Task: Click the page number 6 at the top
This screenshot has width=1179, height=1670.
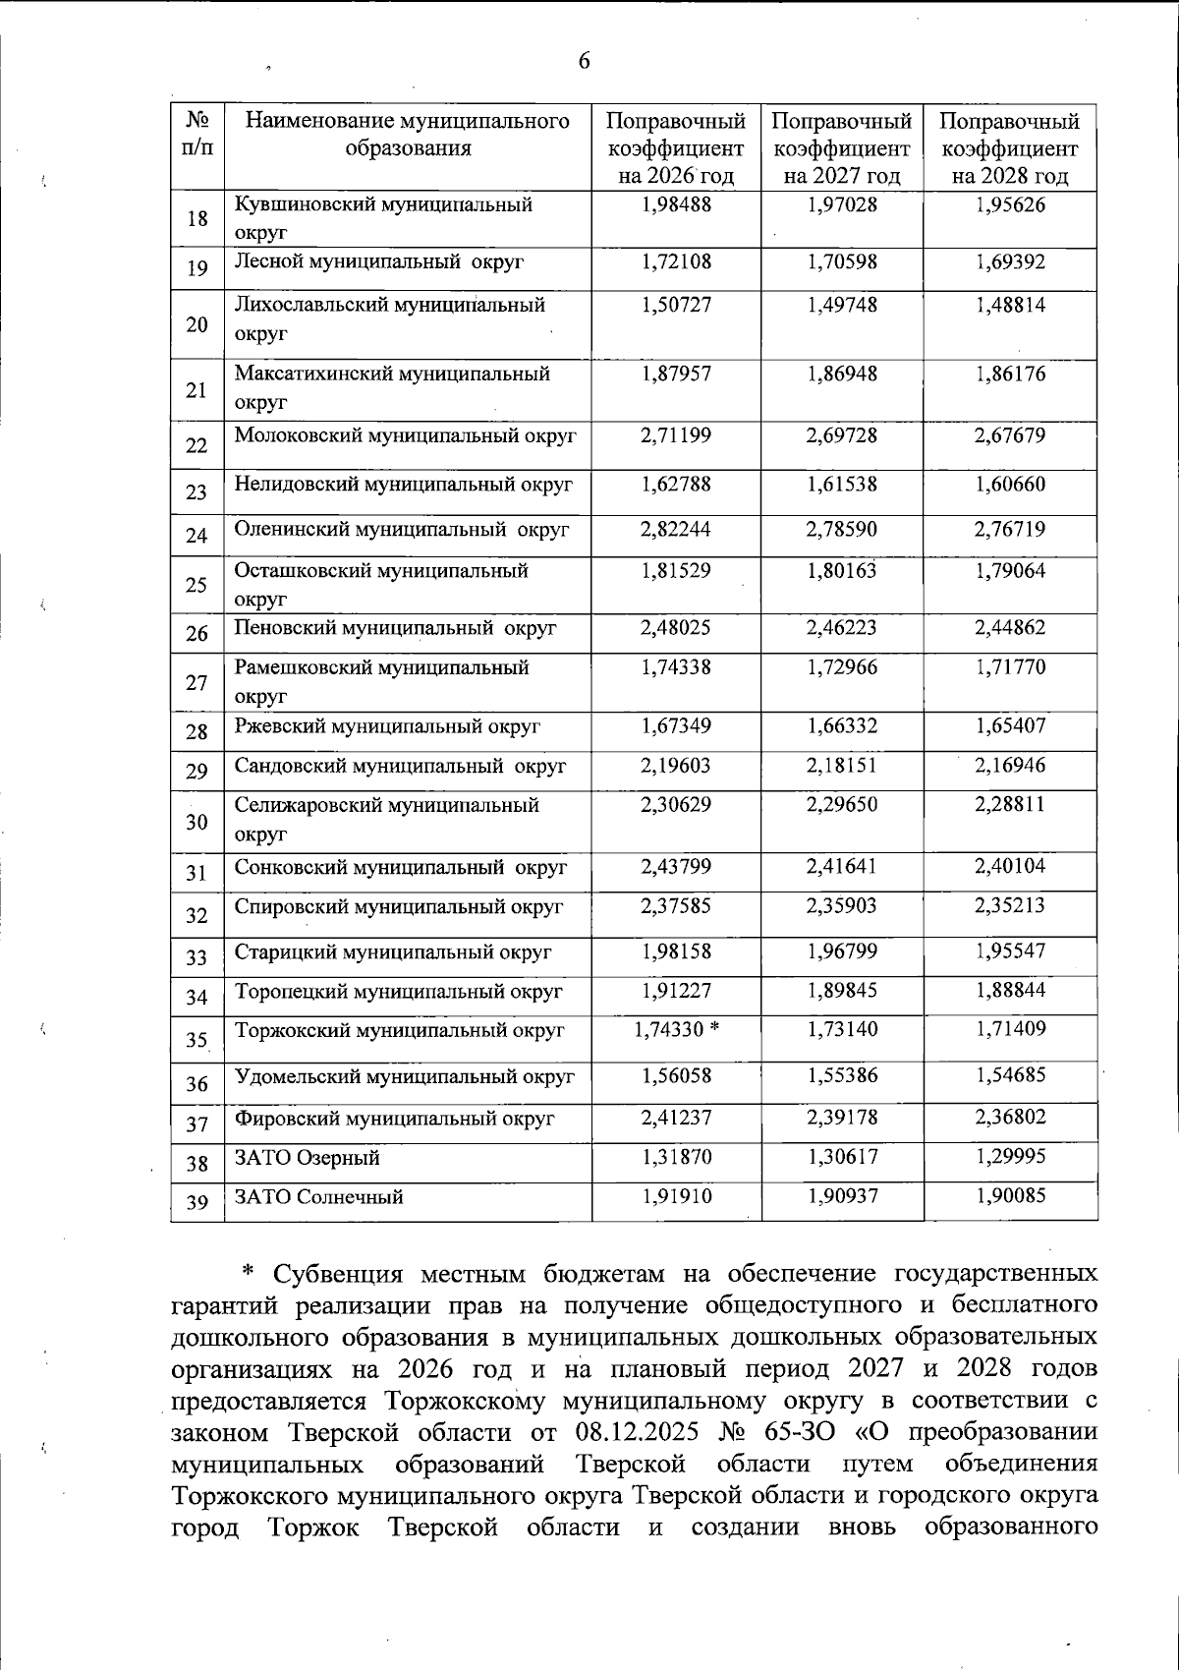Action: click(x=584, y=62)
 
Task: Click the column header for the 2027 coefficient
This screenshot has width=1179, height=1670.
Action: click(x=842, y=148)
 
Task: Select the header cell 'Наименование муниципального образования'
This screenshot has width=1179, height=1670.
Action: click(x=407, y=135)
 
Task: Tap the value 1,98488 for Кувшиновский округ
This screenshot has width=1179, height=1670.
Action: click(x=676, y=204)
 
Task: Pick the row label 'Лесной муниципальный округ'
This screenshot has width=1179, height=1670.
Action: click(x=379, y=261)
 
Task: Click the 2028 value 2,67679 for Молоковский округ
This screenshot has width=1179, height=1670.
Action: click(x=1010, y=434)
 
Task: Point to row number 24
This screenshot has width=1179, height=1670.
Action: click(x=196, y=536)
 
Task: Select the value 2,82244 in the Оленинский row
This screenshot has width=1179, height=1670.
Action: click(x=676, y=529)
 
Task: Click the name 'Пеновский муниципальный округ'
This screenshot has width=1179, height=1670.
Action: click(x=395, y=627)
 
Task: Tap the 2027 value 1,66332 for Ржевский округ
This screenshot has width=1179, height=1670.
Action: click(x=842, y=725)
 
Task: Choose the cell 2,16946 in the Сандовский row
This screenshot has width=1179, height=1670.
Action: click(x=1010, y=765)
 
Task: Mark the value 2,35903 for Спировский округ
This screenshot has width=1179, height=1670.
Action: click(x=842, y=905)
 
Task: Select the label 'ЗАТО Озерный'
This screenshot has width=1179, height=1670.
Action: click(x=308, y=1158)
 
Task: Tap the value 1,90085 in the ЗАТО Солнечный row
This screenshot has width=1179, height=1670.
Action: click(x=1010, y=1196)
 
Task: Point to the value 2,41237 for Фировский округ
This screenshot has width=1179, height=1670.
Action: click(x=676, y=1118)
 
